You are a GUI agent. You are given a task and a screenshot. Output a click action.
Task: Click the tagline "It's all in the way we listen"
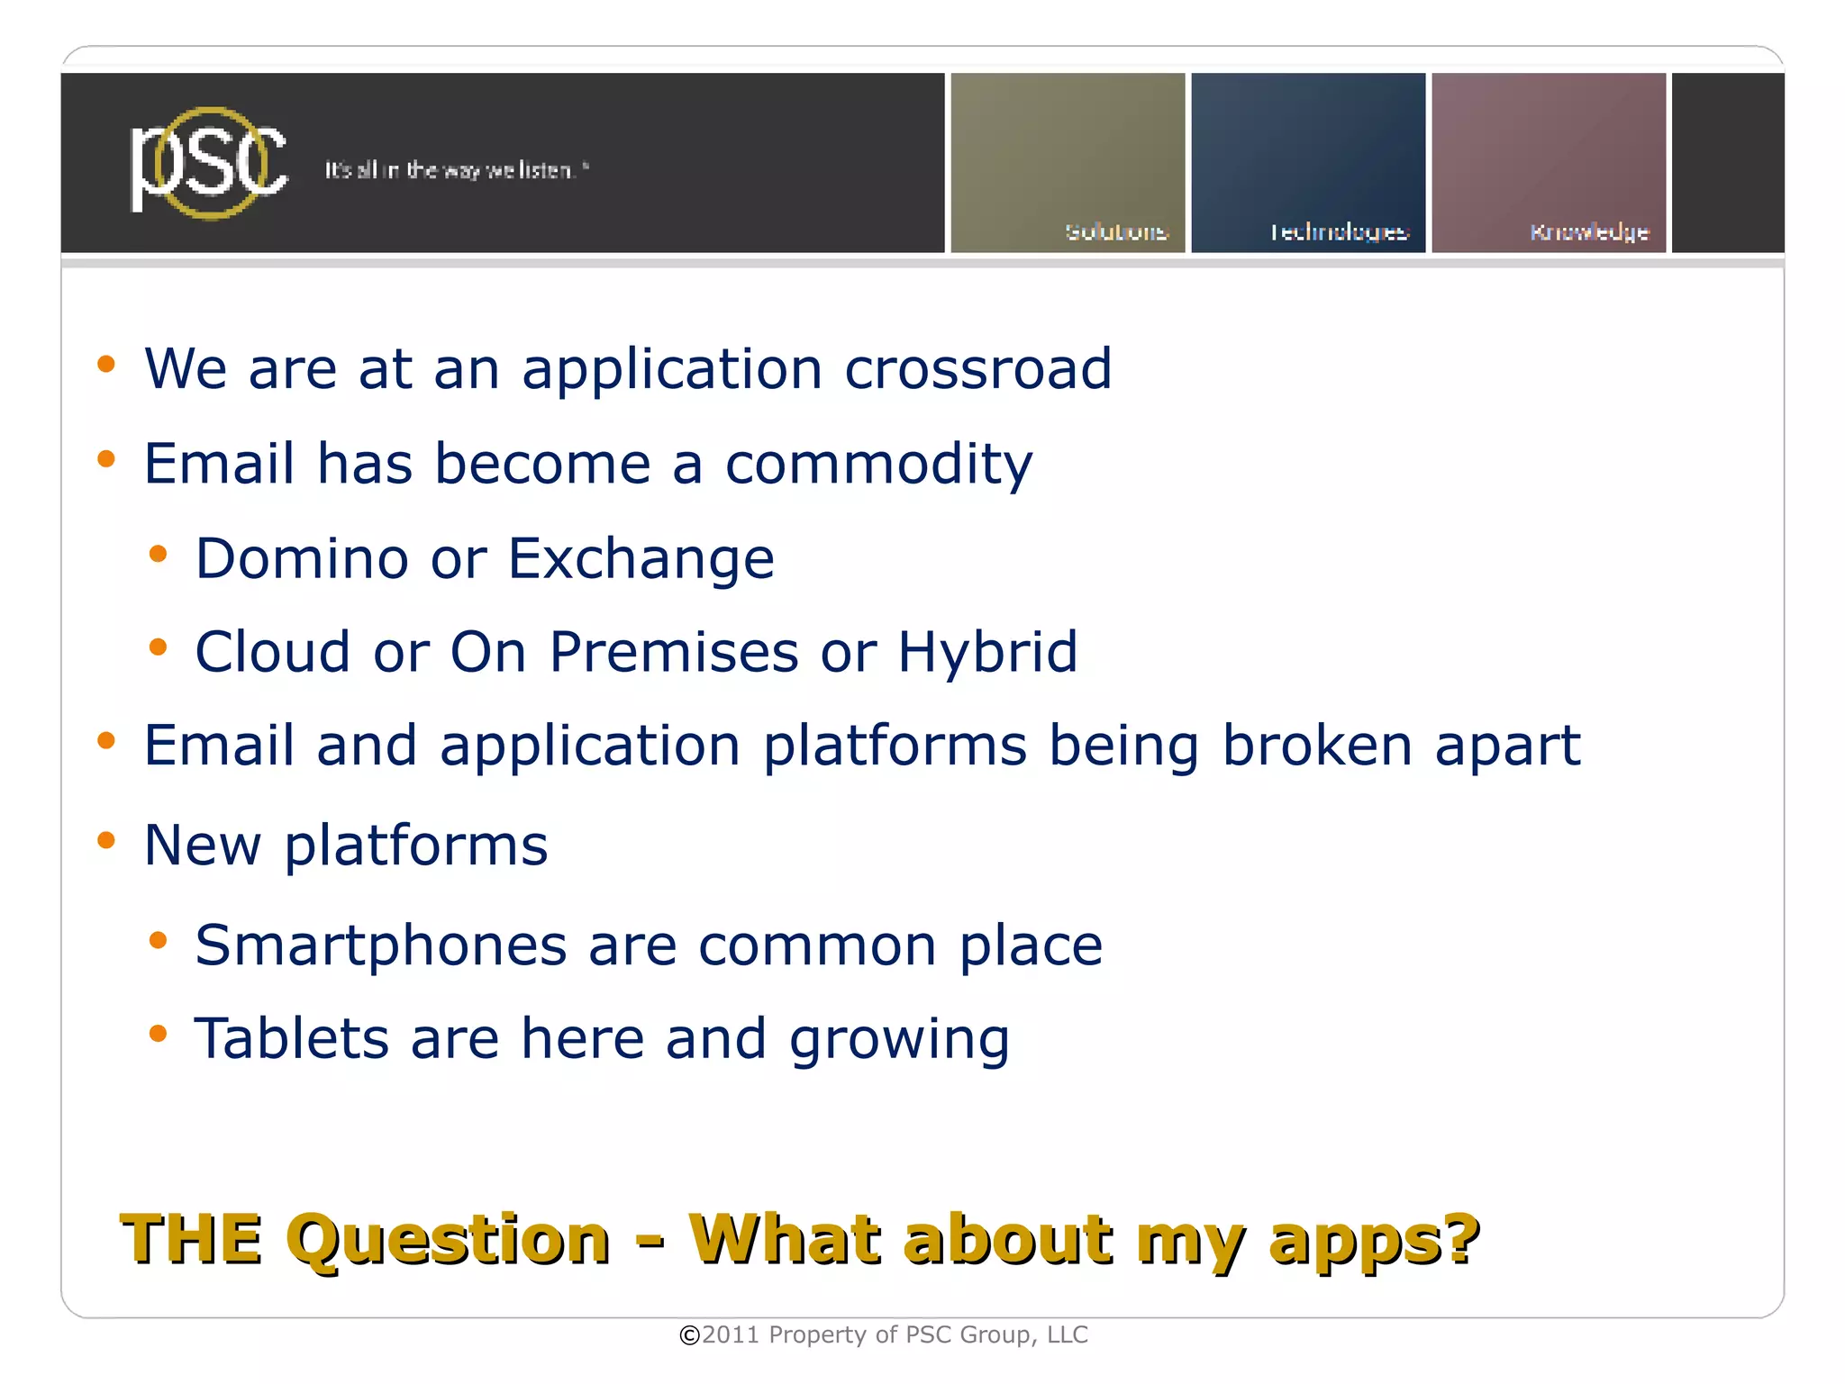point(456,170)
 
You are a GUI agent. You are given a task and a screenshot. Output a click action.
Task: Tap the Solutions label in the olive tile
point(1116,232)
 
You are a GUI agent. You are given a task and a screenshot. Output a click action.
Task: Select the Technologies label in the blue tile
point(1339,232)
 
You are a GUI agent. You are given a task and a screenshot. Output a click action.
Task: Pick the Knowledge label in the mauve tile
point(1589,232)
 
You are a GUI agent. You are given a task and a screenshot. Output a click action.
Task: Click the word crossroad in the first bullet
point(977,369)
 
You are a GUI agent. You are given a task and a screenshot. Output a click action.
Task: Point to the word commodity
point(878,465)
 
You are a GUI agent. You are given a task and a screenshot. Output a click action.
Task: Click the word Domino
point(302,558)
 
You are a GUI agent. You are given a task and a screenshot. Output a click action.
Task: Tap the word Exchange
point(641,558)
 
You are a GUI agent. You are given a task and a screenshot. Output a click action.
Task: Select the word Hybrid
point(987,653)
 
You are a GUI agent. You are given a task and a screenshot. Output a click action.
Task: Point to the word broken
point(1316,746)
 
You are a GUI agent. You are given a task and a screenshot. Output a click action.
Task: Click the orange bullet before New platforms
point(106,841)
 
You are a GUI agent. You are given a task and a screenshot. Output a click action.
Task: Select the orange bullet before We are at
point(106,365)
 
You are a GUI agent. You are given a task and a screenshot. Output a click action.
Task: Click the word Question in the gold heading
point(448,1241)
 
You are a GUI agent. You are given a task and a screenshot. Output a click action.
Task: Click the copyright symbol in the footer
point(689,1335)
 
